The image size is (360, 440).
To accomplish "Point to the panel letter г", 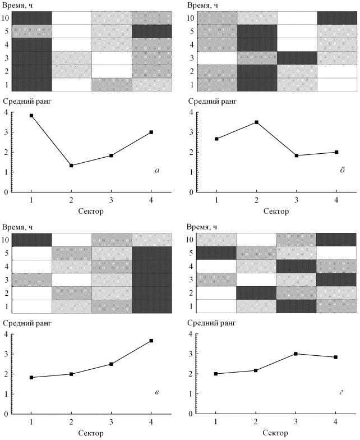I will pyautogui.click(x=341, y=391).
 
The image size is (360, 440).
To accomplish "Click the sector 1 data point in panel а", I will pyautogui.click(x=31, y=116).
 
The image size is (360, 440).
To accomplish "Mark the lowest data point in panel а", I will pyautogui.click(x=71, y=166).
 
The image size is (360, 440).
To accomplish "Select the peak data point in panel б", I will pyautogui.click(x=256, y=122).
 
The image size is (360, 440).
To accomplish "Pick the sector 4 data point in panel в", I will pyautogui.click(x=151, y=341).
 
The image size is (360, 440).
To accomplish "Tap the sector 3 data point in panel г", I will pyautogui.click(x=296, y=354).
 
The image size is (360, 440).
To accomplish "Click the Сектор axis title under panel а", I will pyautogui.click(x=91, y=212).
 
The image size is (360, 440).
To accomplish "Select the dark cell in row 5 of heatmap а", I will pyautogui.click(x=151, y=31).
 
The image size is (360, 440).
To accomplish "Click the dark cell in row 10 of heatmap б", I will pyautogui.click(x=336, y=17).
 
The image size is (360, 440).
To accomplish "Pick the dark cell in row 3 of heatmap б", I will pyautogui.click(x=297, y=58).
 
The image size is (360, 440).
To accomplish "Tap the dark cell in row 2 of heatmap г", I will pyautogui.click(x=257, y=293).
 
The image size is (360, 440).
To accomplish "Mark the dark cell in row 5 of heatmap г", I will pyautogui.click(x=216, y=253).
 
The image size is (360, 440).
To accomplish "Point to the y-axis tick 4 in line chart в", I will pyautogui.click(x=6, y=334).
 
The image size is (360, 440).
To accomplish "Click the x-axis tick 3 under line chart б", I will pyautogui.click(x=296, y=200).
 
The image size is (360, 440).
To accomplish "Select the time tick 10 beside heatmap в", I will pyautogui.click(x=6, y=240).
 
